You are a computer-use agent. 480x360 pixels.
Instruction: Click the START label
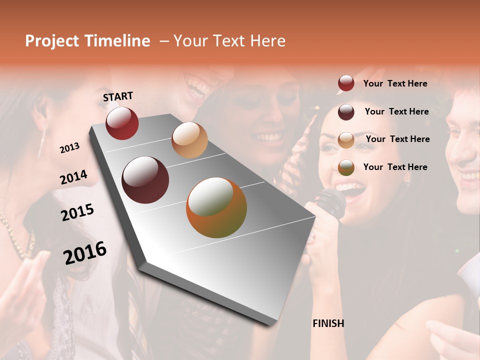[x=118, y=96]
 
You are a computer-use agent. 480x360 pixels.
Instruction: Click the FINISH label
[x=328, y=323]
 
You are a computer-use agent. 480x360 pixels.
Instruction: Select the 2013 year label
[x=69, y=147]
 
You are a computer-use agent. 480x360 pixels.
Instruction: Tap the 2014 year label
[x=73, y=177]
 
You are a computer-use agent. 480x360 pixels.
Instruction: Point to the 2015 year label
[x=77, y=212]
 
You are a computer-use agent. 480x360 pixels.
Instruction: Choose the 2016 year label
[x=85, y=252]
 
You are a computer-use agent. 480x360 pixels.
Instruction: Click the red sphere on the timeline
[x=122, y=123]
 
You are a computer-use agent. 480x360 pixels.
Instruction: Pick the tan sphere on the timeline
[x=189, y=140]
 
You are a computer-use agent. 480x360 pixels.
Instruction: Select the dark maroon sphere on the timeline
[x=145, y=180]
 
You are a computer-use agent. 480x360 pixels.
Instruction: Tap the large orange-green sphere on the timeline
[x=216, y=207]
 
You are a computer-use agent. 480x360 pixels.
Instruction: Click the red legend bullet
[x=346, y=83]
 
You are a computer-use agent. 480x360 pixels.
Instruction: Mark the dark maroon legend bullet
[x=346, y=112]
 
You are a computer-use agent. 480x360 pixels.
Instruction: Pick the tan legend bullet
[x=346, y=139]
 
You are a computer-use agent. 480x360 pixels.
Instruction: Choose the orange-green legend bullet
[x=346, y=167]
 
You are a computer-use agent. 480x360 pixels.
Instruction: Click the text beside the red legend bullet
[x=395, y=83]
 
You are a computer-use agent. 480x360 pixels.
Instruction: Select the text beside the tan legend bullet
[x=397, y=139]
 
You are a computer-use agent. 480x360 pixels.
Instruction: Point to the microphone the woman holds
[x=330, y=203]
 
